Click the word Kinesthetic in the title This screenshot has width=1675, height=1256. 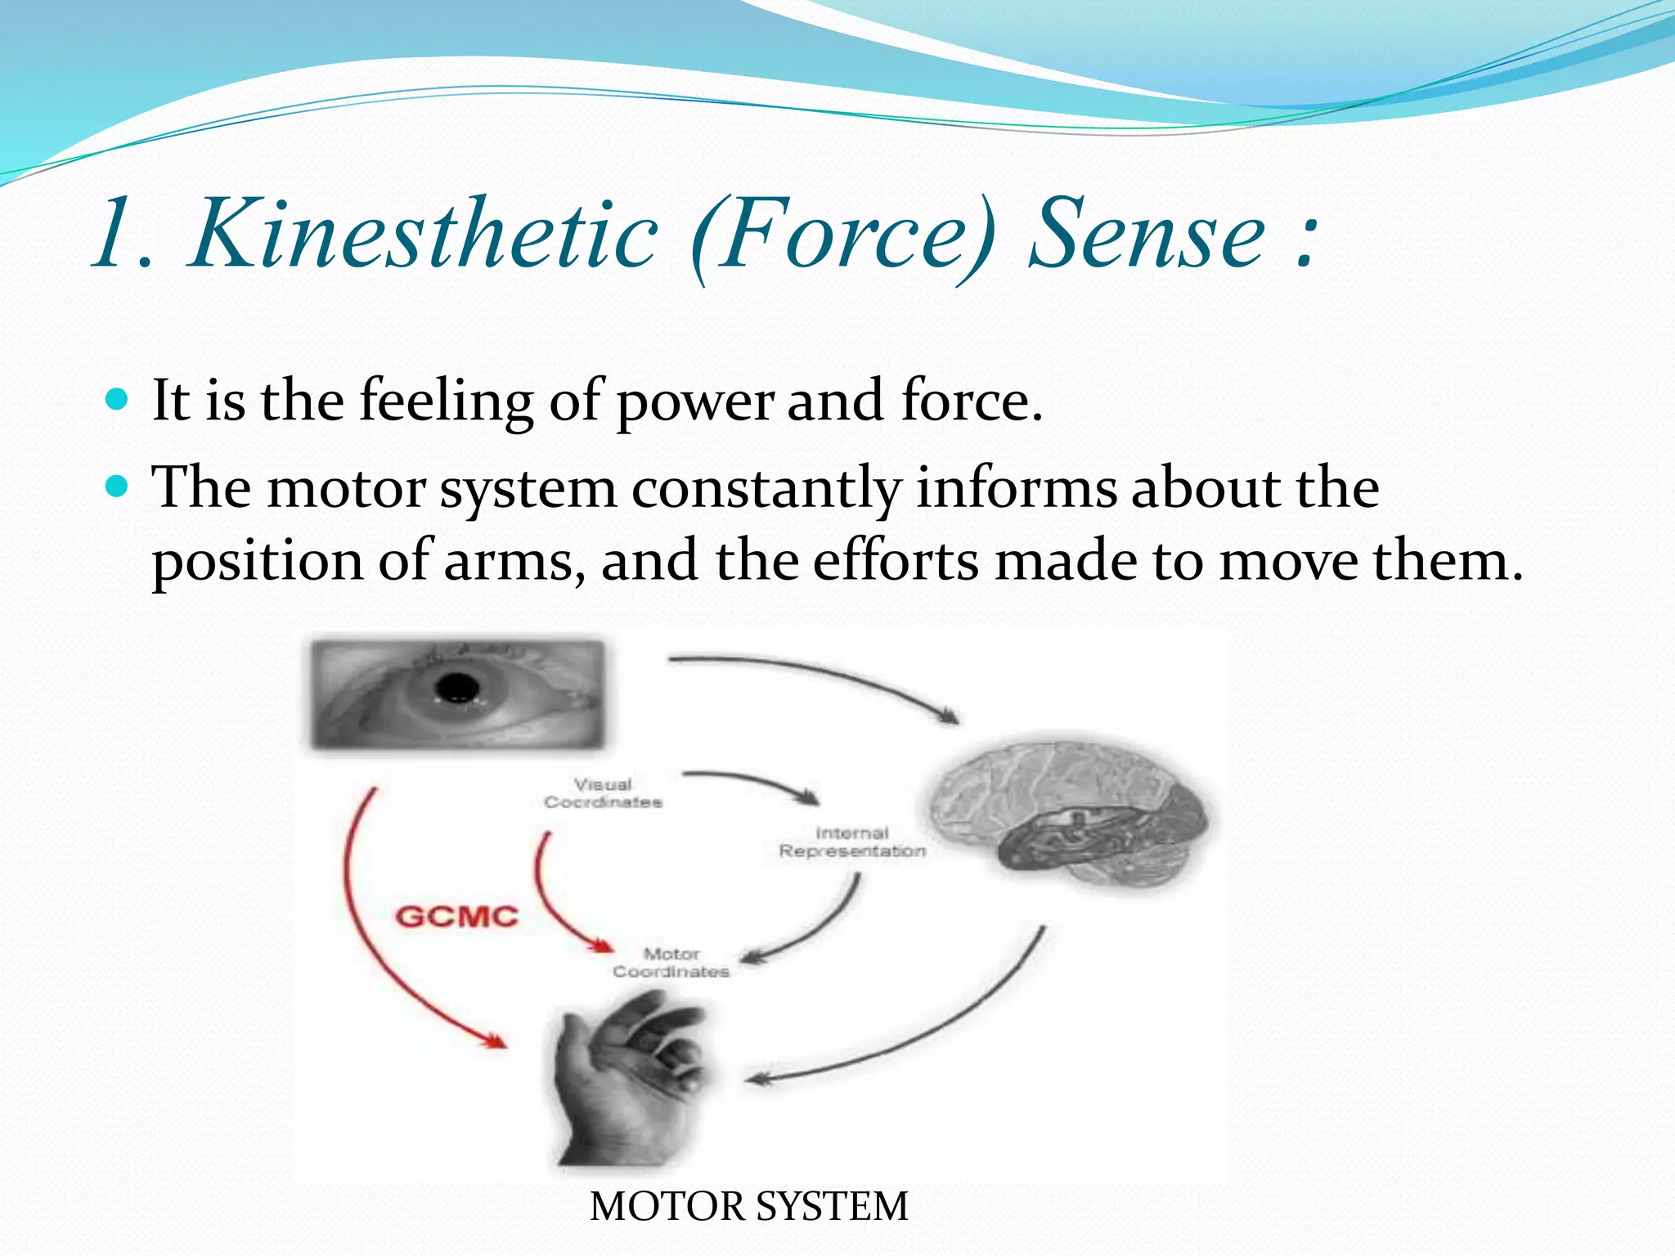click(423, 235)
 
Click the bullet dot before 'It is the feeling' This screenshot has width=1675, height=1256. click(118, 400)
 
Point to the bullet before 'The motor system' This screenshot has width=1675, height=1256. click(118, 487)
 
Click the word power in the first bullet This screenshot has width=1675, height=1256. click(694, 402)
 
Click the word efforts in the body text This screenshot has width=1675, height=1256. click(895, 562)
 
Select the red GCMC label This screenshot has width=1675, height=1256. click(456, 917)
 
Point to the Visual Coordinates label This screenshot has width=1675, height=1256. click(603, 793)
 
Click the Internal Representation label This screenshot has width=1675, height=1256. click(852, 842)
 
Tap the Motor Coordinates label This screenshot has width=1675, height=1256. click(671, 962)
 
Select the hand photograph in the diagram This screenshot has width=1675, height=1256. click(630, 1079)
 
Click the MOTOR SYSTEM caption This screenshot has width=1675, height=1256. click(748, 1206)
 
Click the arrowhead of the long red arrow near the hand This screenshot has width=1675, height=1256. click(494, 1042)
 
